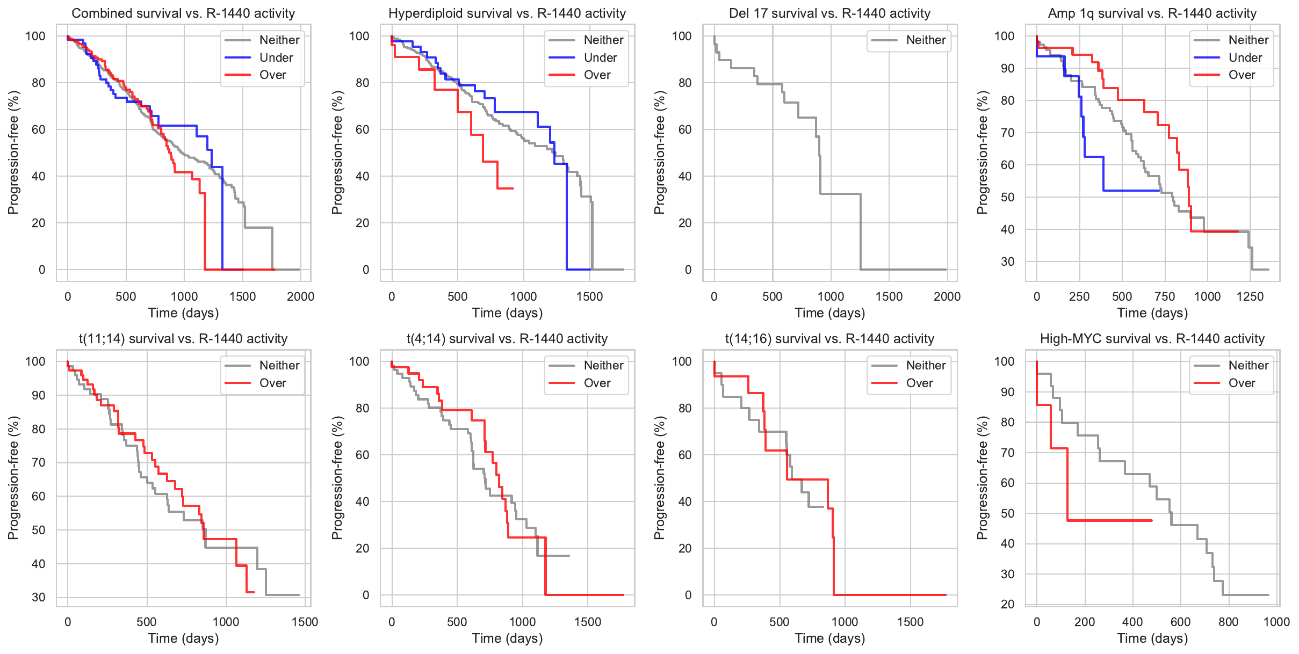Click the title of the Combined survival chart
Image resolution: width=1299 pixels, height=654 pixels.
click(x=183, y=13)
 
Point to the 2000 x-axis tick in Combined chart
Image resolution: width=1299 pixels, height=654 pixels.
click(x=300, y=296)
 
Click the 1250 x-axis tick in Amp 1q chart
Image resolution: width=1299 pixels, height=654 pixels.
click(x=1250, y=296)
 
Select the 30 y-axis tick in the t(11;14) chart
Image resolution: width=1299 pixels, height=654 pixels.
click(x=39, y=597)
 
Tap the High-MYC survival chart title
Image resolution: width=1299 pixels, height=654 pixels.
click(x=1152, y=339)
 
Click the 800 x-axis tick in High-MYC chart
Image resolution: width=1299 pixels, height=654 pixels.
click(x=1229, y=622)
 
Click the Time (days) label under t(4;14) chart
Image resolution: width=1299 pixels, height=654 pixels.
click(x=507, y=638)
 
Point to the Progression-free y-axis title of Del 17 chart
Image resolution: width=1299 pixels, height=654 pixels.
click(x=659, y=152)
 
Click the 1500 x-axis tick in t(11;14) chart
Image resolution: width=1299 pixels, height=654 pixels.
click(x=305, y=622)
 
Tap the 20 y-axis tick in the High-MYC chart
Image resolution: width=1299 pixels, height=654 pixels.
click(x=1008, y=604)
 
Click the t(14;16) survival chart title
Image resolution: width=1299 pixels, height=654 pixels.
click(x=829, y=339)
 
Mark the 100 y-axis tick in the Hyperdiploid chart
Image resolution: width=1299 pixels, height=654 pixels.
click(x=359, y=36)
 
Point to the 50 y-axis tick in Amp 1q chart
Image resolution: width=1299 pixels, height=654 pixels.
click(x=1008, y=197)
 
